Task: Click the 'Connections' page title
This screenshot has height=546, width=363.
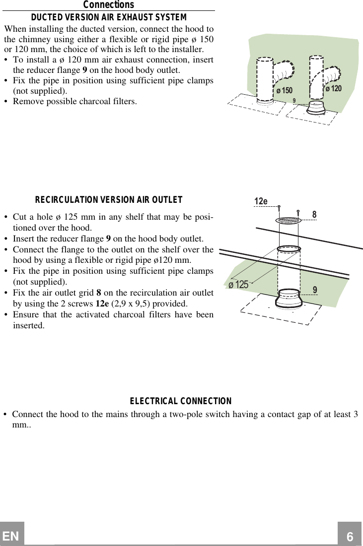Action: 108,5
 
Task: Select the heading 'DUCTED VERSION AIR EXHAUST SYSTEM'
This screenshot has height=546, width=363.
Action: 109,18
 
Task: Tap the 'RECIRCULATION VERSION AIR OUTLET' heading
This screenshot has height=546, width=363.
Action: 109,200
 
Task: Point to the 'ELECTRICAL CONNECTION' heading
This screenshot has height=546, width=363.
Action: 181,401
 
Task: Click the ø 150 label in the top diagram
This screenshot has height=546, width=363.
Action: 285,90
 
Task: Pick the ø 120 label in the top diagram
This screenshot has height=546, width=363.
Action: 333,88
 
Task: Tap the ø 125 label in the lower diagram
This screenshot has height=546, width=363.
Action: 238,285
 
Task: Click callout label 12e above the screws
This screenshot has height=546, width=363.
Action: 261,201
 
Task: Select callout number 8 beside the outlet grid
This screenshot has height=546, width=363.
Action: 314,215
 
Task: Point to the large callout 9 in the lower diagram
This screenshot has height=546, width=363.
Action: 315,289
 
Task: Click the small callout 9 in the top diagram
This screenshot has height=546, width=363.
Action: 294,101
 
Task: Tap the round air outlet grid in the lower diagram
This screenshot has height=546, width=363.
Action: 288,220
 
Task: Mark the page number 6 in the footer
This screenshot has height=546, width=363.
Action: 350,536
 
